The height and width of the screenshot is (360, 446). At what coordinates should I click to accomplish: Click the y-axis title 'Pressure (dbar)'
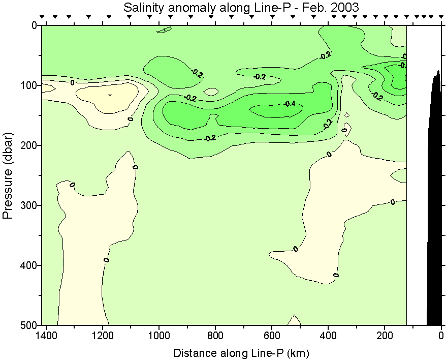coord(8,175)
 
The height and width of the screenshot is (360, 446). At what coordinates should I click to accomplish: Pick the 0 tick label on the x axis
coord(441,336)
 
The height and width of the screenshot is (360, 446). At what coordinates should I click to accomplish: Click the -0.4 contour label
coord(289,104)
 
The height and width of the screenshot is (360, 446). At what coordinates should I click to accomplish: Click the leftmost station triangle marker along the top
coord(43,17)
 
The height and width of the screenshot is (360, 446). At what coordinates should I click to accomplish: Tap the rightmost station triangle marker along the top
coord(438,17)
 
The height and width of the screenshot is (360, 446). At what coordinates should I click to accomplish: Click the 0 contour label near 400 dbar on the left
coord(107,260)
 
